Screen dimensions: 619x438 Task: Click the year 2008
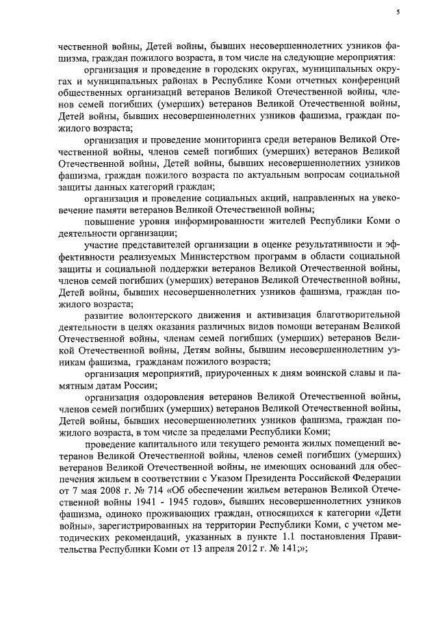(x=96, y=490)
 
